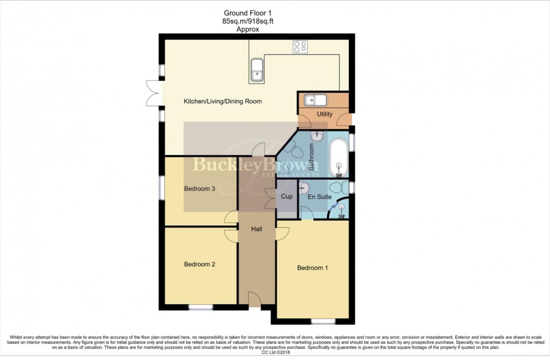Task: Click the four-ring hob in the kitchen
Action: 299,47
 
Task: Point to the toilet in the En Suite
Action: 338,187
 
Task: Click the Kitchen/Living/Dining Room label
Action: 222,102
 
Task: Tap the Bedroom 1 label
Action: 313,268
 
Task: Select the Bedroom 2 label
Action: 200,264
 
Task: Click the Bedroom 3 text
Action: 200,189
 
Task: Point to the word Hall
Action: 256,229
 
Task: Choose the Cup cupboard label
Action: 287,197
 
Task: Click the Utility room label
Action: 324,115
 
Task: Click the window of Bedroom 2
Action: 200,307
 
